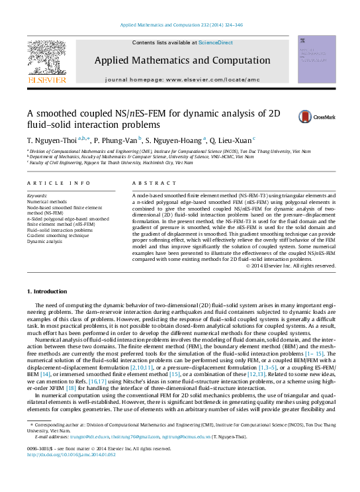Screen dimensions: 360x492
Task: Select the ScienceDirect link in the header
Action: tap(216, 42)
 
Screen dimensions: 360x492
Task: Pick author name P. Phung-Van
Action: tap(115, 140)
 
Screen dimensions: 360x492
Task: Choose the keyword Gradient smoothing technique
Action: tap(58, 235)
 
